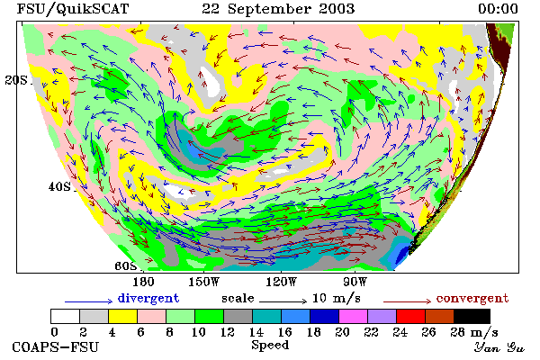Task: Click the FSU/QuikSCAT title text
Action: (x=73, y=9)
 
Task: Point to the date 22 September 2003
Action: (x=278, y=9)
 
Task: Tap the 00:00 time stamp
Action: (x=498, y=9)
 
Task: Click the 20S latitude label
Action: (x=16, y=80)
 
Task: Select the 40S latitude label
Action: (x=59, y=186)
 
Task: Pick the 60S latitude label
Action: (x=126, y=265)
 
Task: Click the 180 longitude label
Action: (x=143, y=282)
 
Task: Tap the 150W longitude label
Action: (x=204, y=282)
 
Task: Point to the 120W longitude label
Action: (x=281, y=282)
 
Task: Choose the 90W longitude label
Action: (x=355, y=282)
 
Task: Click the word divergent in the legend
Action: (x=148, y=298)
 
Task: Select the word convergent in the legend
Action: (x=472, y=298)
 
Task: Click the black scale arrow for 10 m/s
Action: (x=283, y=301)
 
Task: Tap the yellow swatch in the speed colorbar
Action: (x=122, y=316)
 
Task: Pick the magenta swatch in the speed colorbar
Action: (x=354, y=316)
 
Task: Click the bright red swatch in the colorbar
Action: (x=411, y=316)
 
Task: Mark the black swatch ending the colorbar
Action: (x=472, y=316)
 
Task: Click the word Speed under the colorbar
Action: (x=270, y=346)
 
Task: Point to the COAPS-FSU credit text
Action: (x=56, y=347)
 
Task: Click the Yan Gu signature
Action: (x=499, y=347)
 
